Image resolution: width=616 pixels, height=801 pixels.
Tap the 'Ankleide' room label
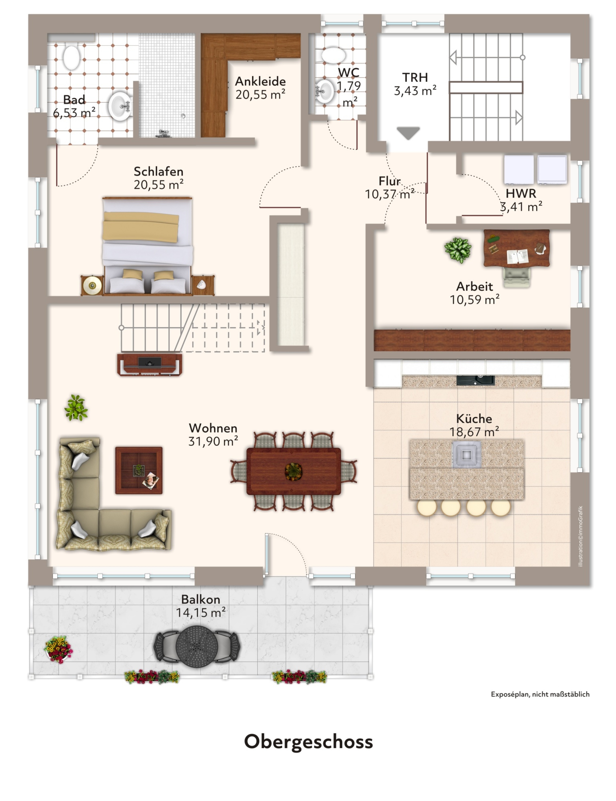(x=260, y=81)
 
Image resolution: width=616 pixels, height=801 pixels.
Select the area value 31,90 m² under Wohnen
(x=213, y=441)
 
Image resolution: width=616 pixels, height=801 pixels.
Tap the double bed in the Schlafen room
(x=147, y=245)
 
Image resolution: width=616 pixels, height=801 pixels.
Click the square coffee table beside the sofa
(x=139, y=470)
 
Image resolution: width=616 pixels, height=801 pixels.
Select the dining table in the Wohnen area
(x=294, y=471)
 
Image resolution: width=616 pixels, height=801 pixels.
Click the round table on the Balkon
(x=197, y=646)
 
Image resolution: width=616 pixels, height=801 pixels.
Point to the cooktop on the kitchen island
(x=466, y=455)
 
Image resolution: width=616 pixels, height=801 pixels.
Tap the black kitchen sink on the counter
(x=476, y=380)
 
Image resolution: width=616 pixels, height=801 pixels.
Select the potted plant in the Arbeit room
(x=458, y=250)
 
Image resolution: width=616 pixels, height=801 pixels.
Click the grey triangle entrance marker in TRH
(x=408, y=133)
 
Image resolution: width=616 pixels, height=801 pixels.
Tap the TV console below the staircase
(x=150, y=364)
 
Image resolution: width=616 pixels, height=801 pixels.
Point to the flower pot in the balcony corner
(x=58, y=649)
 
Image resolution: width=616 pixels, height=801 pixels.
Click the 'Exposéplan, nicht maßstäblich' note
(x=540, y=694)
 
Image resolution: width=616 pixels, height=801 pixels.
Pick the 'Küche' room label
(x=474, y=418)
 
